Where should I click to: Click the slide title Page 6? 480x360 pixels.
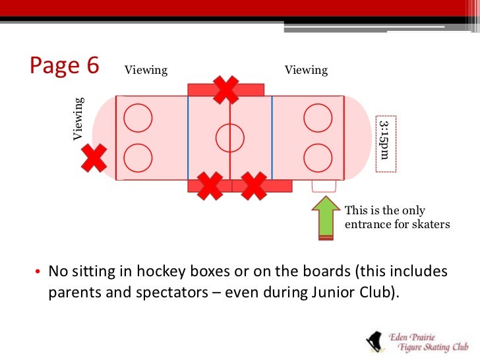coord(65,67)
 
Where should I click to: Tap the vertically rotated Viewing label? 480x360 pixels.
coord(78,119)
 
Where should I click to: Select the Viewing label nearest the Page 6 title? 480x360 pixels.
coord(145,70)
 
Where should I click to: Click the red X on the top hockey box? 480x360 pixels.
coord(225,90)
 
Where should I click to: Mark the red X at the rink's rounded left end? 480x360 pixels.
coord(94,158)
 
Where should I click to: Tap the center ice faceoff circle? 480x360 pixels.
coord(229,138)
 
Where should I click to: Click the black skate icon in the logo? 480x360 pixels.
coord(374,341)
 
